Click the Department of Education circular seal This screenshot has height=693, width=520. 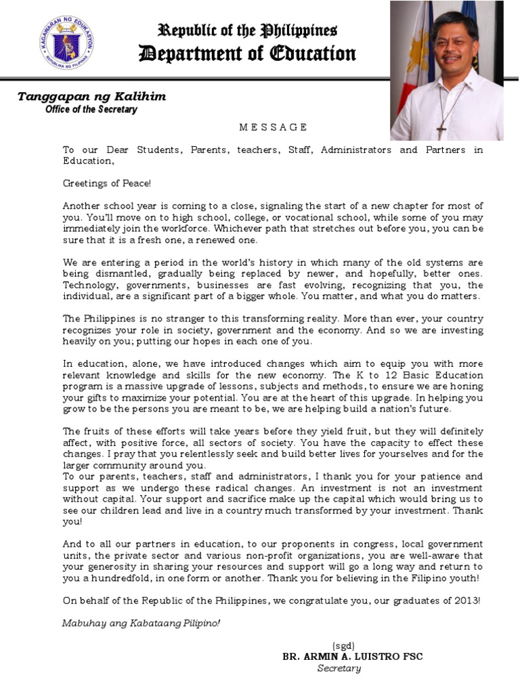pyautogui.click(x=66, y=42)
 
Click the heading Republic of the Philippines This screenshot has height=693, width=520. pyautogui.click(x=247, y=30)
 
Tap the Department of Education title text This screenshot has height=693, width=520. pyautogui.click(x=247, y=54)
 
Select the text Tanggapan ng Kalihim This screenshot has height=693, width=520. pyautogui.click(x=91, y=97)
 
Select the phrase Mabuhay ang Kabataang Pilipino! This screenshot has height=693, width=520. pyautogui.click(x=141, y=623)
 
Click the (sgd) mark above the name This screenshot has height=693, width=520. pyautogui.click(x=343, y=646)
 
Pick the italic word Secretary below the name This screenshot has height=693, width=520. pyautogui.click(x=339, y=669)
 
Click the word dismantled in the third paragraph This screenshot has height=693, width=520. pyautogui.click(x=119, y=274)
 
